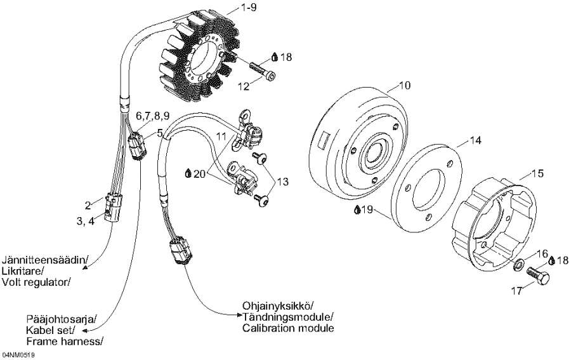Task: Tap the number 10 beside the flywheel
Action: point(405,85)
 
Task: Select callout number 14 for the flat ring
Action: point(475,140)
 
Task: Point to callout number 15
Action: point(537,173)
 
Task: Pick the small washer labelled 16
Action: point(517,265)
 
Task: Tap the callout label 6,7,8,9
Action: point(152,116)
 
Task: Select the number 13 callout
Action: point(282,181)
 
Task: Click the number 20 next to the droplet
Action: point(200,174)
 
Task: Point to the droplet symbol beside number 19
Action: point(358,210)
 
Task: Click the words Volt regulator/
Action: point(36,282)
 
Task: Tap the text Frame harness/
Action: point(65,342)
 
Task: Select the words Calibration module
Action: point(287,328)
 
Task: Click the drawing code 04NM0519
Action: point(18,355)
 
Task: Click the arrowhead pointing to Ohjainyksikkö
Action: point(239,314)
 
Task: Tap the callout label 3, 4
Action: point(86,221)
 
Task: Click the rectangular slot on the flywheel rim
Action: point(323,142)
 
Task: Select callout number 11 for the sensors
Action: point(221,137)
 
